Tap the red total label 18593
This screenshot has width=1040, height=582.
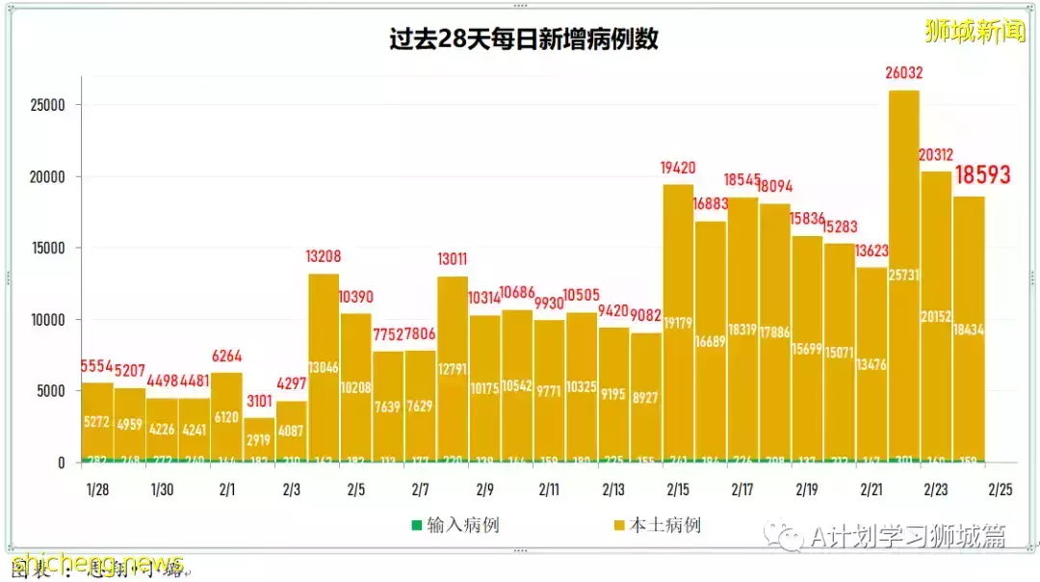point(982,174)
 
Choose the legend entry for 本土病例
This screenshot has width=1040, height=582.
point(657,525)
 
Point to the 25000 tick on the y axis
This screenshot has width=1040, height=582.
point(45,105)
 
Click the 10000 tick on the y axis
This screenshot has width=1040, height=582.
point(45,320)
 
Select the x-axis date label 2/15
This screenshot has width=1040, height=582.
point(678,489)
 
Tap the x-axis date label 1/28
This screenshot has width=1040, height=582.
point(97,489)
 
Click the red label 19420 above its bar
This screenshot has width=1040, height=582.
point(678,168)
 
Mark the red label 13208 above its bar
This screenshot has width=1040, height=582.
point(324,257)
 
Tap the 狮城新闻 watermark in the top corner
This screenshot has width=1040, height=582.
point(975,31)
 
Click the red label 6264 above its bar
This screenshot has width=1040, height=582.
point(226,356)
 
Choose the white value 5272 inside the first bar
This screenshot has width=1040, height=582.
point(97,422)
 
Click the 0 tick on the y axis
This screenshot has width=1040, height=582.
point(61,463)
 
